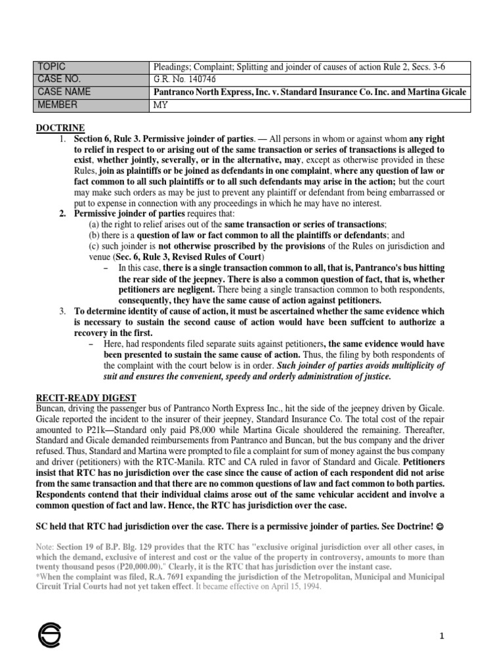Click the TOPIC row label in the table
click(53, 67)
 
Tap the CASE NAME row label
click(65, 93)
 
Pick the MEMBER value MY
click(160, 105)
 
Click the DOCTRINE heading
click(60, 127)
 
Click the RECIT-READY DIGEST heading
click(85, 398)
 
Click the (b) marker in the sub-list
click(94, 235)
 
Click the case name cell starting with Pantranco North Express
click(309, 93)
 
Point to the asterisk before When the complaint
click(37, 576)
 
